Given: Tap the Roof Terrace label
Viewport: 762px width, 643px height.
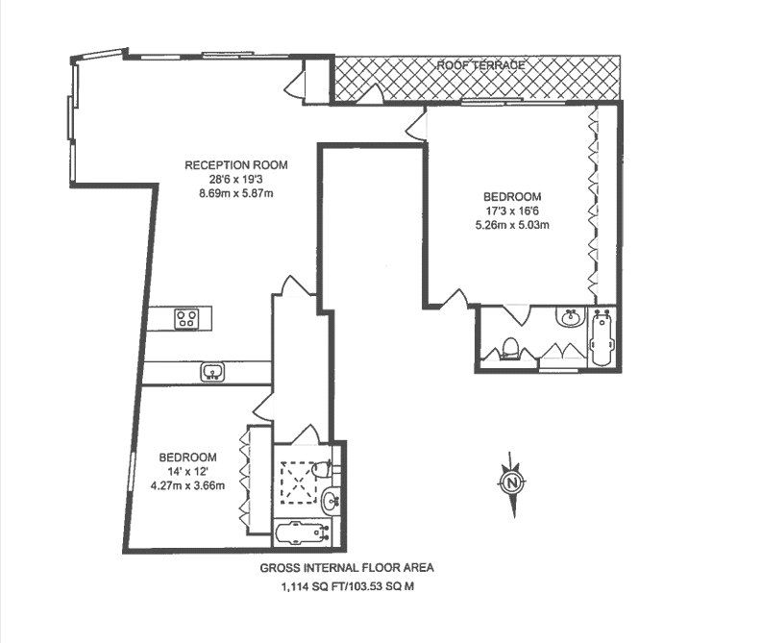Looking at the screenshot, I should click(480, 65).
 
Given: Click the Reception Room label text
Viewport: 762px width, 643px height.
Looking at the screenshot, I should click(236, 164).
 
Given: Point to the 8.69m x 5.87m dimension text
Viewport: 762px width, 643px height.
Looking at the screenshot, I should click(236, 193).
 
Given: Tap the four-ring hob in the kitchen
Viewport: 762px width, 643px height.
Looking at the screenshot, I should click(186, 319).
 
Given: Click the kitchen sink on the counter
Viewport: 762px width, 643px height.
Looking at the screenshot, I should click(210, 371).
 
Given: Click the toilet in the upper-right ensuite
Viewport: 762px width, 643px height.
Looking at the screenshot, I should click(511, 348).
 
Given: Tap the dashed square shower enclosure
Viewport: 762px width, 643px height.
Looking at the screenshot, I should click(300, 483).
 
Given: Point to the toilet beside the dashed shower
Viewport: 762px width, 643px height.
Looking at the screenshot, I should click(331, 470).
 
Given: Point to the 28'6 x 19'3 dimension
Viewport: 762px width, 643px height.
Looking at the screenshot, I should click(235, 179).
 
